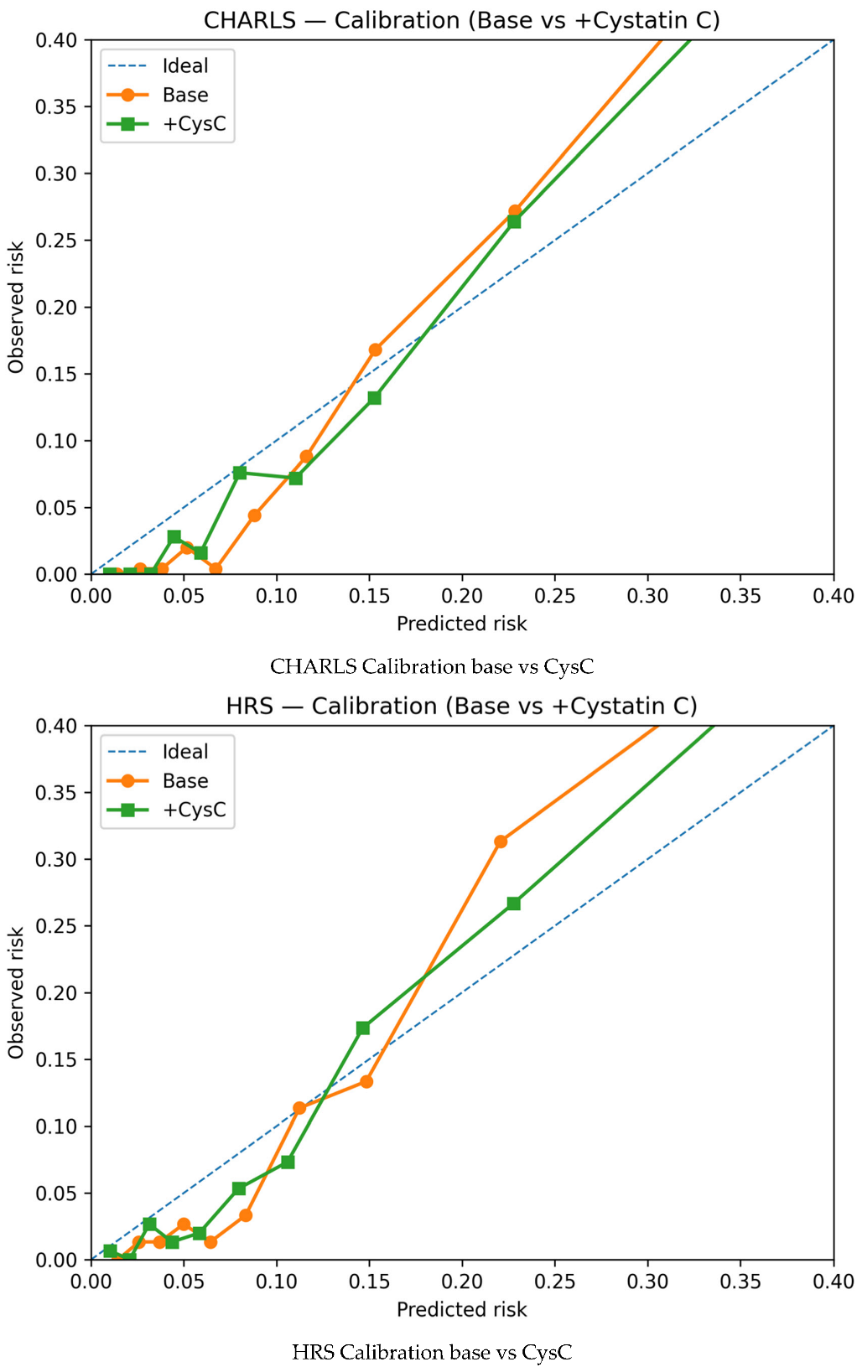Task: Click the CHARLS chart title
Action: tap(461, 20)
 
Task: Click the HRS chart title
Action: tap(461, 706)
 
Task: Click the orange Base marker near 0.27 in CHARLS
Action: tap(515, 212)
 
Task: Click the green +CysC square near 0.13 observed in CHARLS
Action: tap(375, 397)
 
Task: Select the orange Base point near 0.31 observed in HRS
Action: tap(501, 841)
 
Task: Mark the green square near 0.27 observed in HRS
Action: tap(514, 904)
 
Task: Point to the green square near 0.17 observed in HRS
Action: tap(363, 1028)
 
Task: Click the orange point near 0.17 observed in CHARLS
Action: tap(375, 350)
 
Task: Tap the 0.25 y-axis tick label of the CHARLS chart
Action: tap(56, 241)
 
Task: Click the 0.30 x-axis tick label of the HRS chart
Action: tap(647, 1282)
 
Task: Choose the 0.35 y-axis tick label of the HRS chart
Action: tap(56, 792)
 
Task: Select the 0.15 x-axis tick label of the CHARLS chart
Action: tap(369, 596)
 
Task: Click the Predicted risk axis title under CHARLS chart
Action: tap(461, 624)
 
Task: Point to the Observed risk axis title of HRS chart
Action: tap(15, 992)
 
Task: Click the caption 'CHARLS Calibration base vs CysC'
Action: tap(432, 666)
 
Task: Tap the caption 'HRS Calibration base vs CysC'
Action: tap(432, 1352)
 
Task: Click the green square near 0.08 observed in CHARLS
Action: tap(240, 473)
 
